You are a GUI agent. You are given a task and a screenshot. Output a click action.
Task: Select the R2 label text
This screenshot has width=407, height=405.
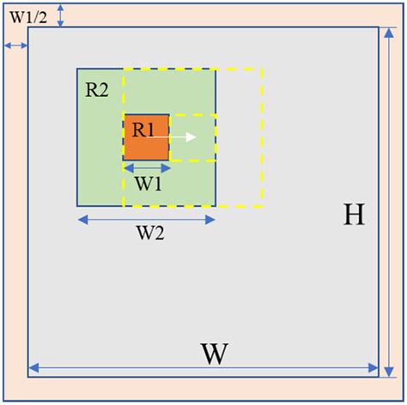[x=96, y=89]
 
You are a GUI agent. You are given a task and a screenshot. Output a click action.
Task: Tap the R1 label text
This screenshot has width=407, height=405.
[x=143, y=130]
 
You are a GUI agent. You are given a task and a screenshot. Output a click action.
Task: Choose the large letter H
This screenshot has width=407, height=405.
[x=354, y=215]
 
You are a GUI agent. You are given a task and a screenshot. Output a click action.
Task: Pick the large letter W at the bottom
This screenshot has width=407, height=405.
[x=216, y=354]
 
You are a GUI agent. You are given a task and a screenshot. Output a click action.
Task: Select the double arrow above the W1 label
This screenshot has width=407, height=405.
[x=146, y=167]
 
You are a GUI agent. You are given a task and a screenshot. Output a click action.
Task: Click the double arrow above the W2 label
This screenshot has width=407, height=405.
[x=146, y=220]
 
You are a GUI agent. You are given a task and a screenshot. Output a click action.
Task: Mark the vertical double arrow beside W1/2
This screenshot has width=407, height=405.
[x=61, y=14]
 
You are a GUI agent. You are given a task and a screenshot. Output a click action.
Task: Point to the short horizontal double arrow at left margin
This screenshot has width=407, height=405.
[x=14, y=45]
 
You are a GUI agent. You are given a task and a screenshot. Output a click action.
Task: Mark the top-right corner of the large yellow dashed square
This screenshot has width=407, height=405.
[x=262, y=69]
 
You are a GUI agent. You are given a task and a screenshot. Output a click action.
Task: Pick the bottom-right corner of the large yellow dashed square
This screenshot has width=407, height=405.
[x=262, y=207]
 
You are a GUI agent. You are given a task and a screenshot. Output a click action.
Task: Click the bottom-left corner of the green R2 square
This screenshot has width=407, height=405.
[x=77, y=206]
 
